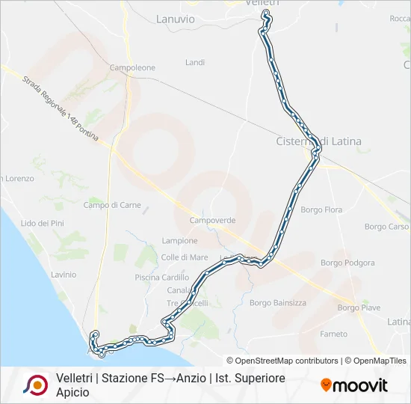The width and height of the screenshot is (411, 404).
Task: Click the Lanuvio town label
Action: click(x=176, y=19)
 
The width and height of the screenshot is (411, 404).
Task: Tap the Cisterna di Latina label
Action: click(x=319, y=141)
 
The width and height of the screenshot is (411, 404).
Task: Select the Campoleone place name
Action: click(x=132, y=68)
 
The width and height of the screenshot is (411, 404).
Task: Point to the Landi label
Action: click(x=195, y=63)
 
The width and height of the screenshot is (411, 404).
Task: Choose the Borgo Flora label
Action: click(x=321, y=210)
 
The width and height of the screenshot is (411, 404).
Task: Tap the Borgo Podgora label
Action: click(x=347, y=263)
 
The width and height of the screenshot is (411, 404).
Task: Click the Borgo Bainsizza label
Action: click(x=278, y=303)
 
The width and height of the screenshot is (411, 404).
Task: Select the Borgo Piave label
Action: click(x=359, y=307)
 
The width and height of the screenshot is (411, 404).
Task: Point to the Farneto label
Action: click(x=333, y=334)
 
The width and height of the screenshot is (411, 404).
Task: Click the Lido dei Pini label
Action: click(x=43, y=223)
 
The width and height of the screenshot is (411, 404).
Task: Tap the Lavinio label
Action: click(x=64, y=275)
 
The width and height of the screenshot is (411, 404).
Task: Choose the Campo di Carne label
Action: click(x=112, y=205)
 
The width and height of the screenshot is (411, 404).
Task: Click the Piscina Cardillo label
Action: click(x=162, y=278)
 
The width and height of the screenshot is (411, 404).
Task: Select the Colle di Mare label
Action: click(x=185, y=257)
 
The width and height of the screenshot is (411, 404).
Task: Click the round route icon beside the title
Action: click(x=35, y=385)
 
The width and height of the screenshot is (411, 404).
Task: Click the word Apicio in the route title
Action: click(x=72, y=392)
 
